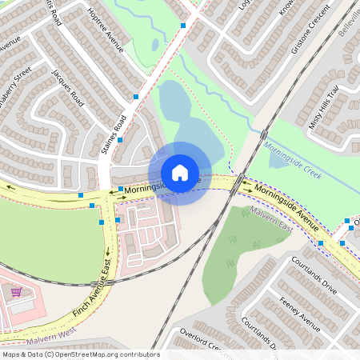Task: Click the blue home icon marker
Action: click(x=180, y=173)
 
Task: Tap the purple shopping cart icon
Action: click(x=15, y=291)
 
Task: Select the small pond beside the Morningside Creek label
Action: click(x=279, y=159)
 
